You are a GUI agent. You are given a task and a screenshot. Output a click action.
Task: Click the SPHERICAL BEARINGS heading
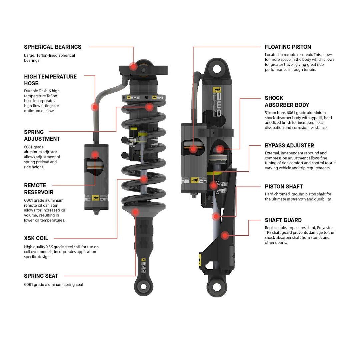point(53,47)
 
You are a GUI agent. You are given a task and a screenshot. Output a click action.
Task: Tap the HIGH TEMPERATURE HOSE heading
point(50,80)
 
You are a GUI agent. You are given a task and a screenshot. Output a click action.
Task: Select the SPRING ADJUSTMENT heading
point(42,135)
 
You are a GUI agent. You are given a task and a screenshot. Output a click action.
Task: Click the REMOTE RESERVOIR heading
point(38,189)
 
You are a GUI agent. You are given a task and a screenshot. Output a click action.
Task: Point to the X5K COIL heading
point(36,238)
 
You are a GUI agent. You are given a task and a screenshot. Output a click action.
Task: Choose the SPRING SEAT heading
point(41,276)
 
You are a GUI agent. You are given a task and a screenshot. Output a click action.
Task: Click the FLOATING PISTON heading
point(288,47)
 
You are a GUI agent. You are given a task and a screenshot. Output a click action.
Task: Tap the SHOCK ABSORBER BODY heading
point(287,101)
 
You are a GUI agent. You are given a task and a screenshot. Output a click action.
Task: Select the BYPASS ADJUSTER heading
point(289,146)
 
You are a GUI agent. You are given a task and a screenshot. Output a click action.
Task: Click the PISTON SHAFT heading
point(284,187)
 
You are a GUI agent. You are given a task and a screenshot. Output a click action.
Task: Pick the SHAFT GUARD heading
point(283,220)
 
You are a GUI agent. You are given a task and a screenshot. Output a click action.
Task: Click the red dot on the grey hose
point(95,107)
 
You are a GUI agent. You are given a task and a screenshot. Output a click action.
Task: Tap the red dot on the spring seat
point(135,212)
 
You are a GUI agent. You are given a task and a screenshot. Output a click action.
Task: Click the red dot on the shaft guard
point(225,236)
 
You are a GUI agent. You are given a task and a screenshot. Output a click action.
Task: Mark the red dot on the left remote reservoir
point(95,154)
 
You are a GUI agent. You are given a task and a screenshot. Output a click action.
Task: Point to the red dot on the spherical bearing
point(134,66)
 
